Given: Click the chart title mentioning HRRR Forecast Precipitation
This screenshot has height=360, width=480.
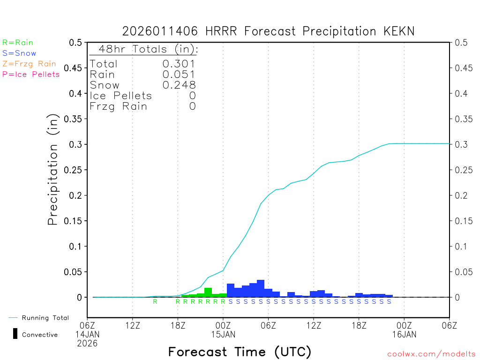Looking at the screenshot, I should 268,31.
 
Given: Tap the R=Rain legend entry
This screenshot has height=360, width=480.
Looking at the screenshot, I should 18,42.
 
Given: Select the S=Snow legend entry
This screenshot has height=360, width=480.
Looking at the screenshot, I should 19,53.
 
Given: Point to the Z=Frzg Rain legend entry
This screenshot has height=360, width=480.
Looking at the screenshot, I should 29,64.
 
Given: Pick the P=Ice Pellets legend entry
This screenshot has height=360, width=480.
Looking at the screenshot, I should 31,74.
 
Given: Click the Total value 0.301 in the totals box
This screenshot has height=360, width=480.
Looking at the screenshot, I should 179,64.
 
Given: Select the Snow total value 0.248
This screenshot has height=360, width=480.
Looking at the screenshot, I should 179,85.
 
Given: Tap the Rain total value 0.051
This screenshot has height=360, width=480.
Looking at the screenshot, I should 179,74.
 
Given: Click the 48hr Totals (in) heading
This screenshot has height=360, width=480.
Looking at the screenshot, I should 148,49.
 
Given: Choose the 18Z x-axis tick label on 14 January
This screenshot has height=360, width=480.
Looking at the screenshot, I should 178,324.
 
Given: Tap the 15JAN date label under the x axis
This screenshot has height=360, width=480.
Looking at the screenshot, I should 223,334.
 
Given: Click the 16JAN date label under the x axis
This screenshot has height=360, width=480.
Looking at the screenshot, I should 404,334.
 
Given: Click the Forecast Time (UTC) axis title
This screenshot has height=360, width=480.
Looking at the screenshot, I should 240,352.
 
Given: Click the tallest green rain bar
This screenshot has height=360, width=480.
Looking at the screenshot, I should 208,292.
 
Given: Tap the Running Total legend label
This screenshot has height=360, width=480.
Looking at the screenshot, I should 45,318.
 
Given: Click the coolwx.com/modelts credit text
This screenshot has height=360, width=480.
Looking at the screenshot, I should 431,354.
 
